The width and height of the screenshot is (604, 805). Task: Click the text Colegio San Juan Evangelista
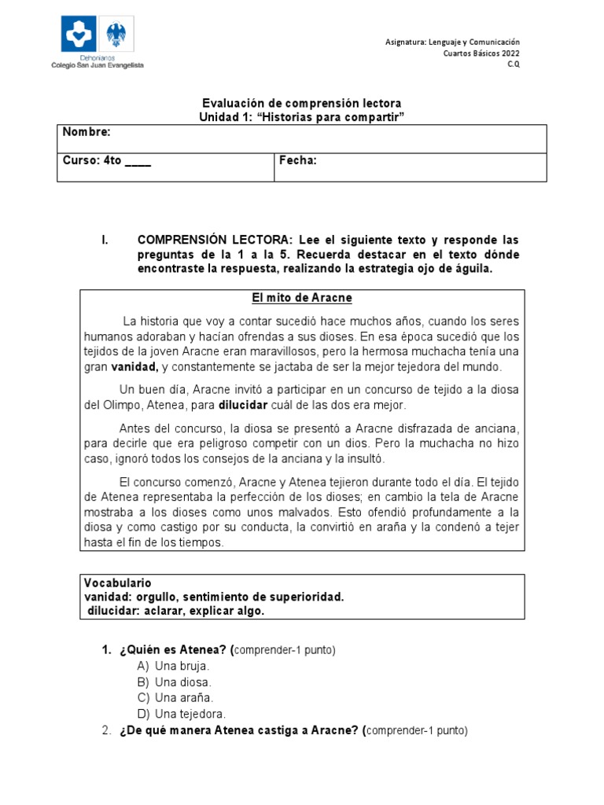[98, 66]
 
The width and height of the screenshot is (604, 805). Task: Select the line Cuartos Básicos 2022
[481, 53]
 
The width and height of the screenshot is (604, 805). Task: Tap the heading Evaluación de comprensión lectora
[302, 104]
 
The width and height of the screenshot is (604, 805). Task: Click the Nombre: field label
[87, 131]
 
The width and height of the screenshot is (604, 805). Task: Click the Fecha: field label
[298, 160]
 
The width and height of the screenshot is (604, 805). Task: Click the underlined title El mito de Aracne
[301, 298]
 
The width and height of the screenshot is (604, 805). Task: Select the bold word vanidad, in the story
[134, 366]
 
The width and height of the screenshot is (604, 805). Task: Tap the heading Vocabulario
[117, 583]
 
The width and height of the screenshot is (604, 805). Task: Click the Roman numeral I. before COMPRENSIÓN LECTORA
[105, 240]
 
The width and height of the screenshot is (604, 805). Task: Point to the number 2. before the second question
[107, 730]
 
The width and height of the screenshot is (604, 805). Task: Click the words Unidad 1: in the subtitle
[226, 116]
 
